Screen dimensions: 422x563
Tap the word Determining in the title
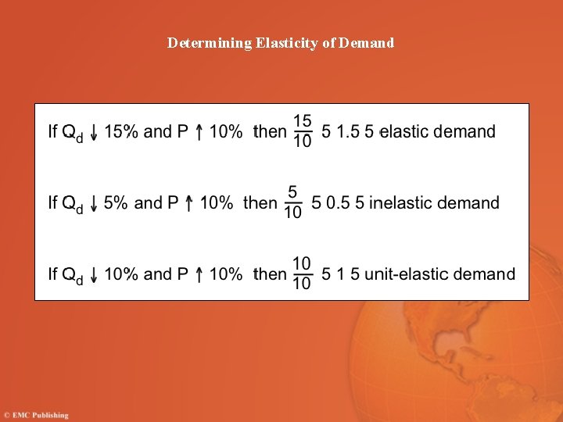(x=210, y=43)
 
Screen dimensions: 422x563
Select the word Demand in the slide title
(x=367, y=43)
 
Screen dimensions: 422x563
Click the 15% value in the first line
(x=122, y=131)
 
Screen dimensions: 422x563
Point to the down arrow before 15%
(x=95, y=133)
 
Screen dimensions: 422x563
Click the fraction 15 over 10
(x=303, y=131)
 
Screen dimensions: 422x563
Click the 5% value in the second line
(x=116, y=203)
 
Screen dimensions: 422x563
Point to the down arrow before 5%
(x=95, y=205)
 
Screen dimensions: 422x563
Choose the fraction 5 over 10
(x=292, y=203)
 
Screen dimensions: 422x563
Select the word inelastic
(x=400, y=203)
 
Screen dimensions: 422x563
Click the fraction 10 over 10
(x=302, y=274)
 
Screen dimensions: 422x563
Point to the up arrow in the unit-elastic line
(x=199, y=275)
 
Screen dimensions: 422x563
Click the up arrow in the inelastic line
(x=190, y=205)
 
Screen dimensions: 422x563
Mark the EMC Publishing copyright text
(x=36, y=415)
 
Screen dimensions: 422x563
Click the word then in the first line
(x=271, y=131)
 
